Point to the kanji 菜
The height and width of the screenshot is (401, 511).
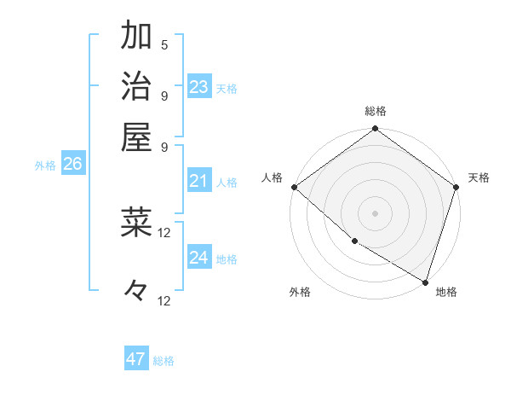(136, 222)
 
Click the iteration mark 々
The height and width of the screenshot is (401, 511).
(136, 290)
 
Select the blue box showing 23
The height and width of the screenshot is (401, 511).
(199, 87)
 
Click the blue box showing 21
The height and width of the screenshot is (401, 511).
(199, 181)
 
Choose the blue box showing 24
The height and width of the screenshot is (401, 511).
(199, 258)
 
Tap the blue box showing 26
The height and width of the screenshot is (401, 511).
(72, 165)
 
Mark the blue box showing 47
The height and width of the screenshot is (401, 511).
(136, 359)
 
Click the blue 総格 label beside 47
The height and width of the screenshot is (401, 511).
(164, 361)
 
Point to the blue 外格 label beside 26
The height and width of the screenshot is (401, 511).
(45, 166)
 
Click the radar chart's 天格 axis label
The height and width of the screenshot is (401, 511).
(479, 177)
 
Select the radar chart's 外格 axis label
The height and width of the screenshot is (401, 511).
(300, 292)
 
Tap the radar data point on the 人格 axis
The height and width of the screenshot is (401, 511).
(293, 187)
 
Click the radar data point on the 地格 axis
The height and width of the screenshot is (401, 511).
(425, 281)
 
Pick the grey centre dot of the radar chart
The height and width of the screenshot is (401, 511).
(375, 212)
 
